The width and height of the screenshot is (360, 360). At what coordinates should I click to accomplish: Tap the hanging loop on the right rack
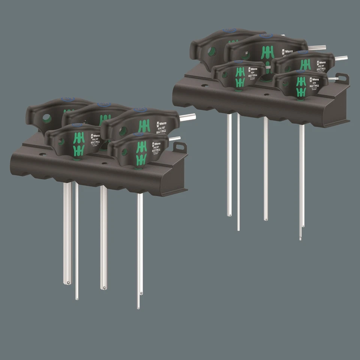pos(342,79)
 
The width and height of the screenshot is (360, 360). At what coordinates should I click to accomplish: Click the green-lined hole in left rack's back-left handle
pos(46,118)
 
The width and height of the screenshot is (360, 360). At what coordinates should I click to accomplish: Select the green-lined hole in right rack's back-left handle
pos(209,51)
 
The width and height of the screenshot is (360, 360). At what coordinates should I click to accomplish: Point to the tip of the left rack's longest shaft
pos(138,307)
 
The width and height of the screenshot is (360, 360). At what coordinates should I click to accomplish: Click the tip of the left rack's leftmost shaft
pos(67,282)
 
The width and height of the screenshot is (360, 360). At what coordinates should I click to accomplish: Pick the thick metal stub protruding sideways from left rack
pos(187,117)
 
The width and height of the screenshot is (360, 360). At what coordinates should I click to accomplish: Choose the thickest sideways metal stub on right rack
pos(317,48)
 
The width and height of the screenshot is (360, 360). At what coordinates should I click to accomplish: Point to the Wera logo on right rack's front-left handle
pos(253,70)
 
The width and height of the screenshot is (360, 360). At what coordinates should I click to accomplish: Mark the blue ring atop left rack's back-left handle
pos(68,99)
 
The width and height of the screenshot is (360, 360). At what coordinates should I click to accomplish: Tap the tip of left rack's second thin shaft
pos(77,298)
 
